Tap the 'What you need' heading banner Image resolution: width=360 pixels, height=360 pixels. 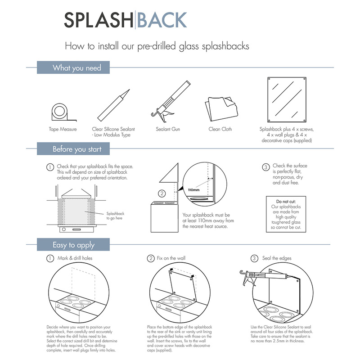76,68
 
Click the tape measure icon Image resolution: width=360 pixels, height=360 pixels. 61,112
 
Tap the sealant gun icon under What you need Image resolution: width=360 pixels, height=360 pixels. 170,101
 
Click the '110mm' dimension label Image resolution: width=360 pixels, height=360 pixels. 193,190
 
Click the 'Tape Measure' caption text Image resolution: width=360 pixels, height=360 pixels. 63,129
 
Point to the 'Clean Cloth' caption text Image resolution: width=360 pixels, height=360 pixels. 220,129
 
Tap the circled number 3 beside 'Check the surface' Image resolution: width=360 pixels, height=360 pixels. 265,167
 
